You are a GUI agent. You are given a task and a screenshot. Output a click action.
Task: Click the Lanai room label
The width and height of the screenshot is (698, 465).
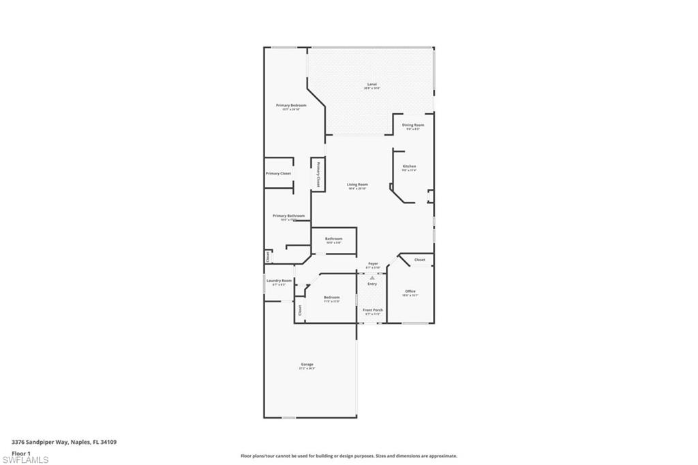[x=371, y=85]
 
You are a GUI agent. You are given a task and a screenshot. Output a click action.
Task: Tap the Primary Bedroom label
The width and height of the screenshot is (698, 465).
[x=291, y=106]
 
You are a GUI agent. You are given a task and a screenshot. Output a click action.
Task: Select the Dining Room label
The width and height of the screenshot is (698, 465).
[x=413, y=125]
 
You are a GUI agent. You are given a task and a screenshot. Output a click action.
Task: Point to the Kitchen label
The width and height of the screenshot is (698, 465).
[x=409, y=166]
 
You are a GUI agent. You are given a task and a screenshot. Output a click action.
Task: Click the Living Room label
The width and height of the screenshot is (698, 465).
[x=357, y=185]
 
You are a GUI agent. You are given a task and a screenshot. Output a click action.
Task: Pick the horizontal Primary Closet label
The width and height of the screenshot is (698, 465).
[x=278, y=174]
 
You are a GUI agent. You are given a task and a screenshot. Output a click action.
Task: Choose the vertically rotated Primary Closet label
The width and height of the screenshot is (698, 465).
[x=318, y=174]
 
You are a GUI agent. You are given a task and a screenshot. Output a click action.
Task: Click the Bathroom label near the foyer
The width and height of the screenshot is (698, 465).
[x=333, y=239]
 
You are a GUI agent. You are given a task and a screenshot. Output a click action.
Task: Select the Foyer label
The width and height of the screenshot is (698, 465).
[x=373, y=264]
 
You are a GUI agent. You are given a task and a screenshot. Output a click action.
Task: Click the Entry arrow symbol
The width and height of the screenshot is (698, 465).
[x=372, y=277]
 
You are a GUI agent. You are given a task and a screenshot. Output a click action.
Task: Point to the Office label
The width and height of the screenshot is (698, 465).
[x=410, y=292]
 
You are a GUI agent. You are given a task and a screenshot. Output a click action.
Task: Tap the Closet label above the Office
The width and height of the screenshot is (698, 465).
[x=419, y=260]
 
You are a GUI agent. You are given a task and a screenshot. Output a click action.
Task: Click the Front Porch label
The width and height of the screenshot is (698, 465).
[x=372, y=310]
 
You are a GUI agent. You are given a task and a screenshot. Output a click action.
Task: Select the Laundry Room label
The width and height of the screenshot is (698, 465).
[x=279, y=281]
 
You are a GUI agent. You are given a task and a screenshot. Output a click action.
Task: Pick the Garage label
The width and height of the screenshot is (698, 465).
[x=307, y=365]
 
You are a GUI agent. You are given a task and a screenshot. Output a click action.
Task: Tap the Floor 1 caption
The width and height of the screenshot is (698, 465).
[x=21, y=453]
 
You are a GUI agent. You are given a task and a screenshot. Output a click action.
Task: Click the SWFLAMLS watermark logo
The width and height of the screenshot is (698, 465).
[x=25, y=460]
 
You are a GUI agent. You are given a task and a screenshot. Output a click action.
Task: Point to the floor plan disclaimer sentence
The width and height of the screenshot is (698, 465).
[x=348, y=456]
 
